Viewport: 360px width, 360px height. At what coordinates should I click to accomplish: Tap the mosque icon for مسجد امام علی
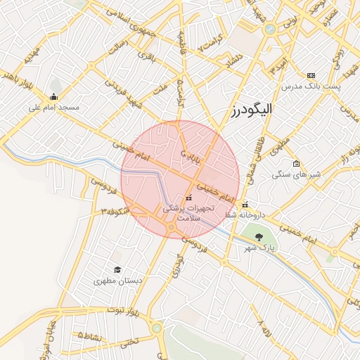(54, 97)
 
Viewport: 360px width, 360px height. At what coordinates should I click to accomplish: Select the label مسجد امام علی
(54, 108)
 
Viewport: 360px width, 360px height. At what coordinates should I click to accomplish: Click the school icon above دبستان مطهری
(118, 269)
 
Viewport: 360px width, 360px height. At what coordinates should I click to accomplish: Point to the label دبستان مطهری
(118, 280)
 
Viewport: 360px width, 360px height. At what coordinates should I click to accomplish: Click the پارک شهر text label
(258, 247)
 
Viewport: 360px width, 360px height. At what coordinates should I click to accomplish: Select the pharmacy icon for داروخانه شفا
(245, 205)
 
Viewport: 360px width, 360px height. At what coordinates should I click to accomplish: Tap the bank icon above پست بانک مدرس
(311, 75)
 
